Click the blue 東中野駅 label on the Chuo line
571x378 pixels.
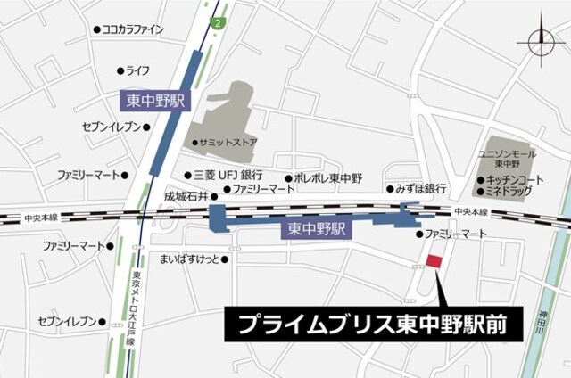[x=316, y=230]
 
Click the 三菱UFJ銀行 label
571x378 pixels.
[x=228, y=175]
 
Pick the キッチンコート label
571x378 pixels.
[x=511, y=179]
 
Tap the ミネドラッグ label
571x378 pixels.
[x=509, y=192]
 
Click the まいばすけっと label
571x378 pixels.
[x=189, y=259]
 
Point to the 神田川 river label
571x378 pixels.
[x=543, y=321]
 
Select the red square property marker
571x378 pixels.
[x=434, y=261]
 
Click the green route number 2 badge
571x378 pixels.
[x=217, y=21]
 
